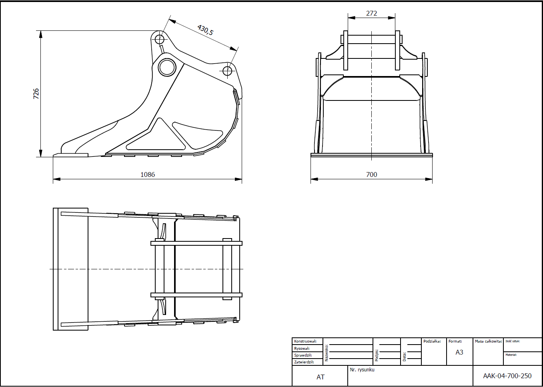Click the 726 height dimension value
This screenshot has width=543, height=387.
(x=36, y=94)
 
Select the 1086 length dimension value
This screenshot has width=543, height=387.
(x=148, y=174)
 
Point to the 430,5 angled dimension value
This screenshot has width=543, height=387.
(x=205, y=30)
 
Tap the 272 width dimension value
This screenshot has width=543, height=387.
(x=372, y=13)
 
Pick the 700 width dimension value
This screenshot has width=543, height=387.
(x=372, y=174)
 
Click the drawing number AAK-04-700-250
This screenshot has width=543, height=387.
(x=507, y=376)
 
